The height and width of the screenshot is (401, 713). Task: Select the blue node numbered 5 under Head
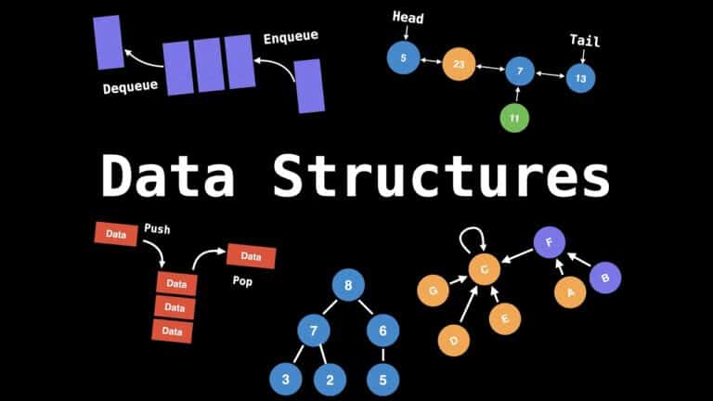(403, 58)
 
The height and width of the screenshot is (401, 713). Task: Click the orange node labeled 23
(460, 64)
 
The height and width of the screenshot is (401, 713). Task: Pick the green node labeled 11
(514, 118)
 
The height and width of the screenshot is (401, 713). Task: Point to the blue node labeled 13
(580, 78)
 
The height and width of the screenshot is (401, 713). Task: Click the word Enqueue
(291, 37)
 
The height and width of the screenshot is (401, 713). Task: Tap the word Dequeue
(131, 88)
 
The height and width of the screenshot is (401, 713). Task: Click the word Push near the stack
(158, 227)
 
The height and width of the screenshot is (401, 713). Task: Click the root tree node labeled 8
(349, 286)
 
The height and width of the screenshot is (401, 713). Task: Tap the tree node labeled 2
(330, 378)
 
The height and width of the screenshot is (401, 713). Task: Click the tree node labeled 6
(382, 329)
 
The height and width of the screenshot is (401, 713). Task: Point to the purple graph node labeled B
(605, 277)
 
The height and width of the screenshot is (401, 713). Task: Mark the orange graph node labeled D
(454, 340)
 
